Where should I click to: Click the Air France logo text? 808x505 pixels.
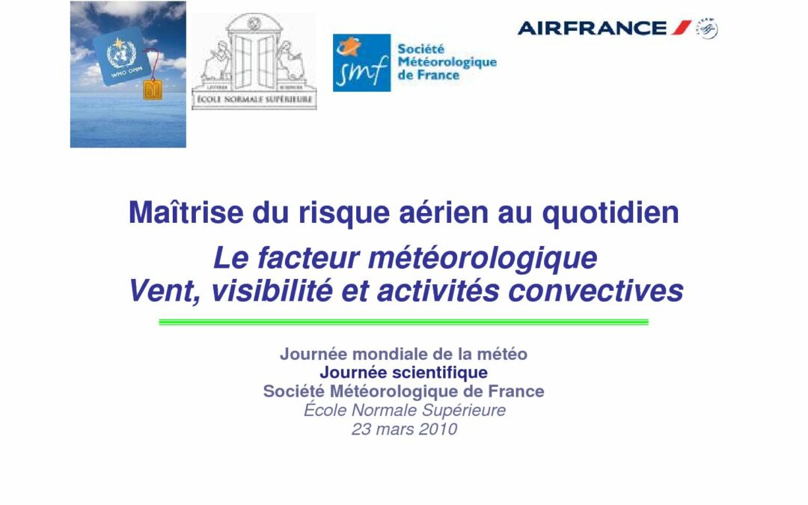coord(592,28)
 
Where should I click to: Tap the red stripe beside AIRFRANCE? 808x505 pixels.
coord(681,28)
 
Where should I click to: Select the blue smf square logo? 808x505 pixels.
coord(362,63)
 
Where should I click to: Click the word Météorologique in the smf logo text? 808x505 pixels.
coord(447,62)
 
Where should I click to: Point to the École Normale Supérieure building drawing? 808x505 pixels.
coord(254,61)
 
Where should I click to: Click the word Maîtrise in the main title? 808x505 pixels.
coord(186,212)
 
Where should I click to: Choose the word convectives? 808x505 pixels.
coord(596,291)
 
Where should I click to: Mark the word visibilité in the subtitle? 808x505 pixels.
coord(272,291)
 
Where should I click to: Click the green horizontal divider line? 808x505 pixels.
coord(403,322)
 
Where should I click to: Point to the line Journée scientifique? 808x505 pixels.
coord(403,373)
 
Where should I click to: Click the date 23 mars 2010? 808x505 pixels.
coord(404,429)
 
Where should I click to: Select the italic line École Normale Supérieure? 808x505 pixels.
coord(405,410)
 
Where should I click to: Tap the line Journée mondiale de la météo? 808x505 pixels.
coord(403,354)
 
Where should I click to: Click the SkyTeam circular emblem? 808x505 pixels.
coord(707,28)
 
